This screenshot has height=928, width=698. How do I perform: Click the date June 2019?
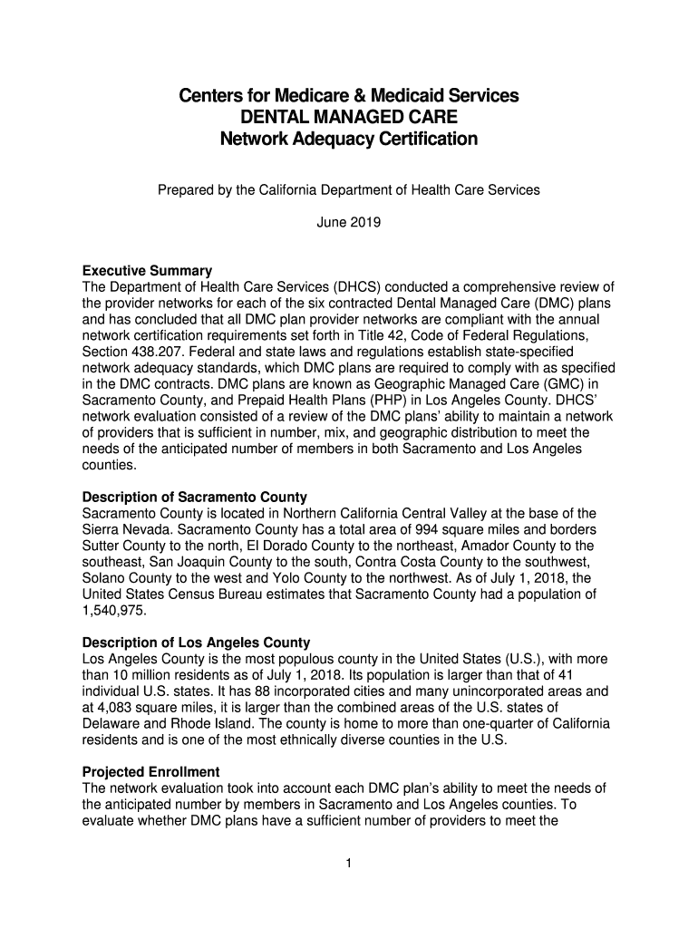click(349, 220)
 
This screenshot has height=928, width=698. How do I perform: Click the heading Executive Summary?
click(147, 271)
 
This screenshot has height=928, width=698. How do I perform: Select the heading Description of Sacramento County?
click(194, 498)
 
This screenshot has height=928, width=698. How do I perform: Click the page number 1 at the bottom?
click(348, 863)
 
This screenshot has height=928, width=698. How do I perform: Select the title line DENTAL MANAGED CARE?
click(348, 118)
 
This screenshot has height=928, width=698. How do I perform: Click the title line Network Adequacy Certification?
click(348, 140)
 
